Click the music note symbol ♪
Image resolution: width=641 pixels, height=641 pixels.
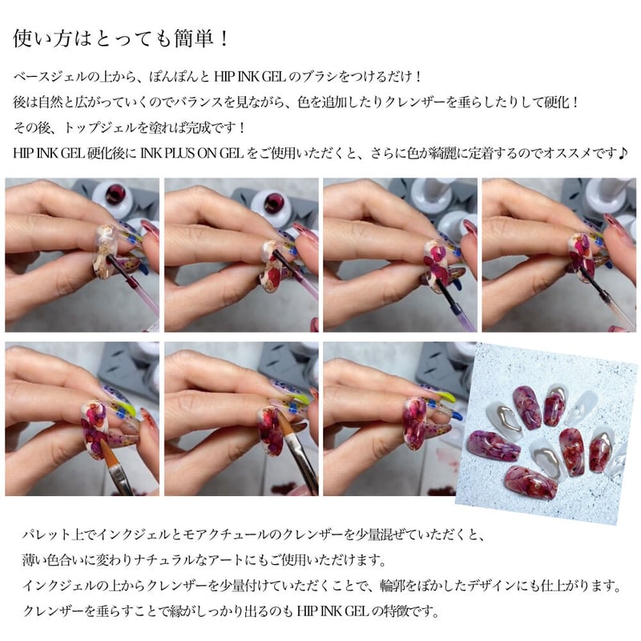point(623,152)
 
